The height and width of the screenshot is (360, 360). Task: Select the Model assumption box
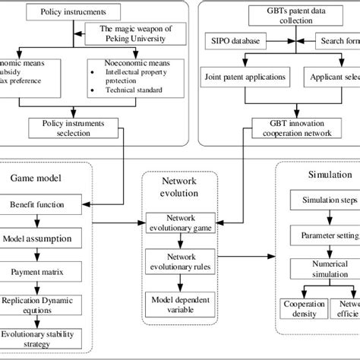tap(43, 238)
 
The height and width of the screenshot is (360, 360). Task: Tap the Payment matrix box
tap(43, 271)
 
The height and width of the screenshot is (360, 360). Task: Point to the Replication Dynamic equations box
tap(43, 305)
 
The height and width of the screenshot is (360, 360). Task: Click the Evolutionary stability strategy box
tap(43, 337)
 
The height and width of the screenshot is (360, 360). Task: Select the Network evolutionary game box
tap(179, 221)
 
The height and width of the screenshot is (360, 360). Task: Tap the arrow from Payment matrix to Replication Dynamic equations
tap(43, 288)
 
